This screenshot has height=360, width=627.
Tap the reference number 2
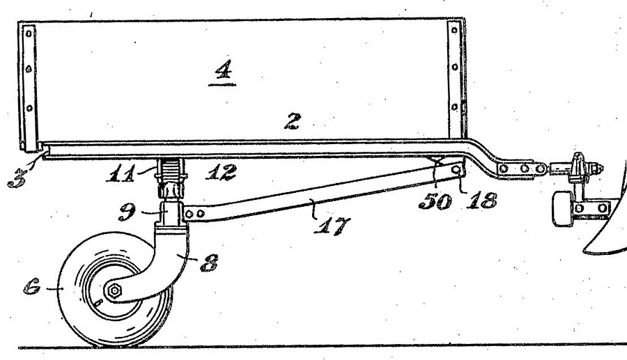[293, 121]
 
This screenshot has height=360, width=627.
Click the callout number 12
[221, 172]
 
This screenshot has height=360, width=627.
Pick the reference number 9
[127, 212]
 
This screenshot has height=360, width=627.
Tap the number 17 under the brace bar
[332, 226]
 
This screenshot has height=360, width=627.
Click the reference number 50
[435, 201]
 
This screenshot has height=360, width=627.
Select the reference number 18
[481, 200]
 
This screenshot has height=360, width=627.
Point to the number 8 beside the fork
[209, 263]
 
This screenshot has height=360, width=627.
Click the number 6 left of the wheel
[32, 287]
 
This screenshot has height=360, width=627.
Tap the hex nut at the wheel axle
[114, 290]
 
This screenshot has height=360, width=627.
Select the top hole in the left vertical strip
[29, 34]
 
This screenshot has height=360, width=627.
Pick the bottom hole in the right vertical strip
[454, 107]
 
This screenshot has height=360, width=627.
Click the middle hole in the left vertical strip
[29, 69]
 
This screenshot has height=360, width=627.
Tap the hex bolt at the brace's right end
[456, 170]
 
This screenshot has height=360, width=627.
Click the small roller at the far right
[563, 209]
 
